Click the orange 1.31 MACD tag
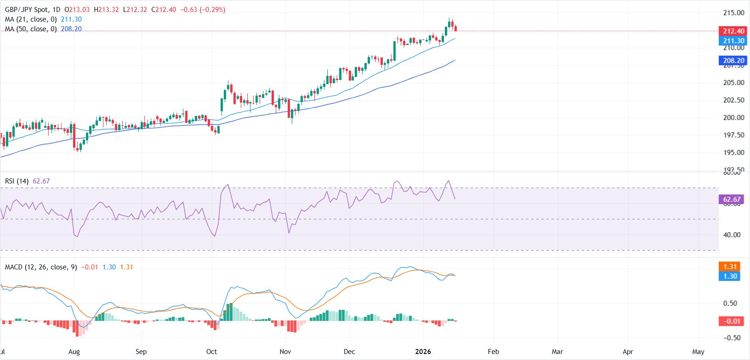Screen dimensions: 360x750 tap(729, 266)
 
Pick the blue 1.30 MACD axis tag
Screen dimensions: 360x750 tap(729, 276)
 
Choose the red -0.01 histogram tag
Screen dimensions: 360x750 tap(731, 321)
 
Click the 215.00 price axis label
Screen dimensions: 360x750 tap(733, 13)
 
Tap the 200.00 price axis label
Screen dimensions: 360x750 tap(733, 117)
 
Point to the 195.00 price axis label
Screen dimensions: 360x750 tap(733, 152)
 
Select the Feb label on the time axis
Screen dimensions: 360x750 tap(493, 351)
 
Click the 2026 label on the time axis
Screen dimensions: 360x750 tap(423, 351)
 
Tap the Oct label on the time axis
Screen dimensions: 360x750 tap(211, 351)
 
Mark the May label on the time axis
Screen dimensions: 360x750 tap(698, 351)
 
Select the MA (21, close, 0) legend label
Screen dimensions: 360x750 tap(31, 19)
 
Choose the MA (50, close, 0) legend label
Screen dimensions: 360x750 tap(31, 29)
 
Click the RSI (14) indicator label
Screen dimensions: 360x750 tap(17, 181)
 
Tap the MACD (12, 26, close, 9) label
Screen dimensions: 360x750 tap(41, 267)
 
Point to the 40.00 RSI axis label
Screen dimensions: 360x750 tap(732, 234)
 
